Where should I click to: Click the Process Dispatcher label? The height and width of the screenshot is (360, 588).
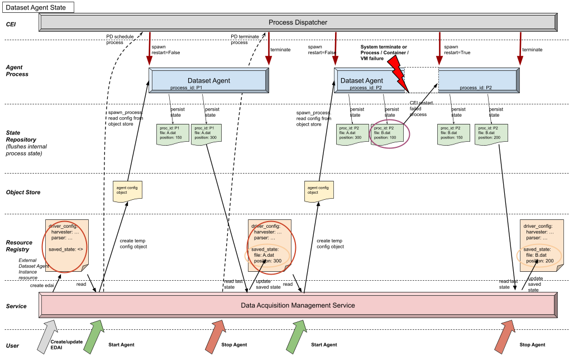tap(298, 22)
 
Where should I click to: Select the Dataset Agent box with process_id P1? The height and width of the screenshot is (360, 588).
tap(209, 80)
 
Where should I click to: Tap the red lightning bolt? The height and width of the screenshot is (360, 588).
tap(398, 71)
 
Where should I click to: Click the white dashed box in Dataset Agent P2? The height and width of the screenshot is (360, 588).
tap(422, 80)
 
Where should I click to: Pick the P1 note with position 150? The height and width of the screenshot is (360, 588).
tap(173, 135)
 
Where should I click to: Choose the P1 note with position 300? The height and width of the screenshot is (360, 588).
tap(207, 135)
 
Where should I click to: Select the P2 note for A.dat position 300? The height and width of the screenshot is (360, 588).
tap(353, 135)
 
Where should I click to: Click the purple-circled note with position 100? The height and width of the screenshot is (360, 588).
tap(389, 134)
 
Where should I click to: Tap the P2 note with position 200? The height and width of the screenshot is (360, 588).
tap(491, 135)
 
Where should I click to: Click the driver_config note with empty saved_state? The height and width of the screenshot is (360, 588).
tap(66, 244)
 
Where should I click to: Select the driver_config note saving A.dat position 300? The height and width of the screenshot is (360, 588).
tap(270, 244)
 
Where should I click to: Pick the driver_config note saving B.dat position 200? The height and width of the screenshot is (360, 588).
tap(541, 244)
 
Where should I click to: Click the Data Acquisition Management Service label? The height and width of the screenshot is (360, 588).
tap(298, 305)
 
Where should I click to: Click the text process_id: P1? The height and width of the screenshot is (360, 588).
tap(186, 88)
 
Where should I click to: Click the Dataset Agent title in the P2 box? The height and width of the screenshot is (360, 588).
tap(362, 80)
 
